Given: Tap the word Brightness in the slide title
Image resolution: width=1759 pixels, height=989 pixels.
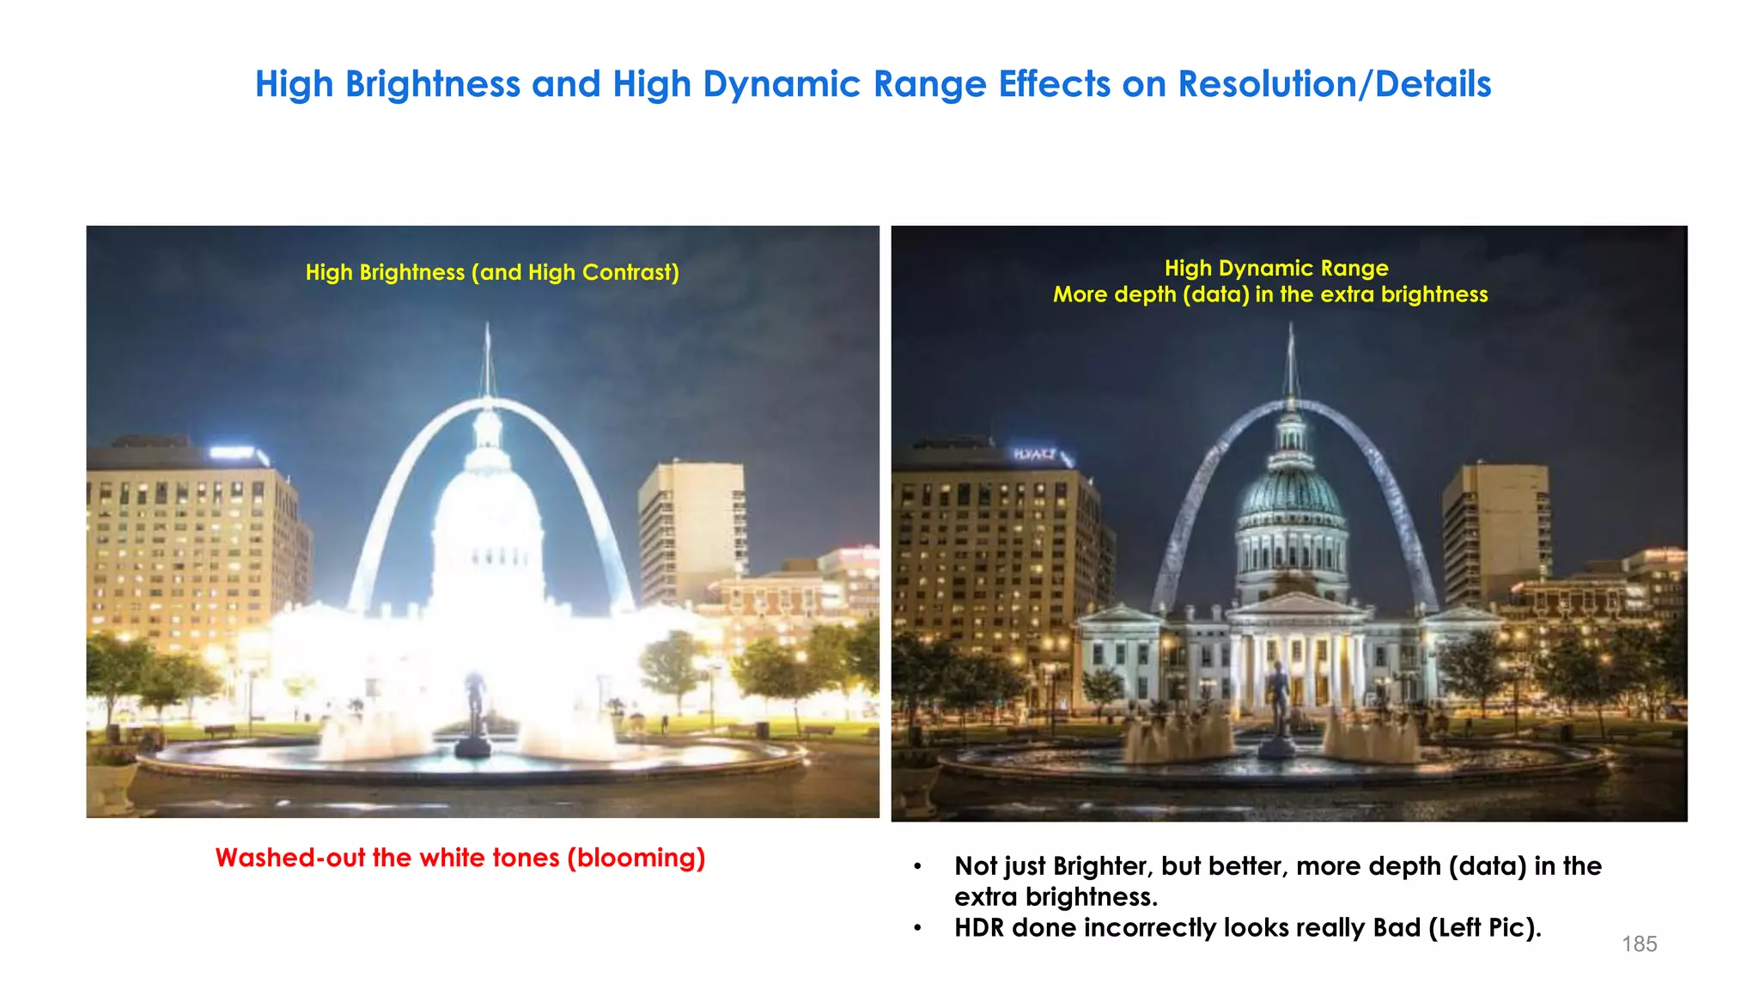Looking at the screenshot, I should pos(432,84).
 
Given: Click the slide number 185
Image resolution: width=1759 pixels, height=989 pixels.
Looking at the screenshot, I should pos(1639,943).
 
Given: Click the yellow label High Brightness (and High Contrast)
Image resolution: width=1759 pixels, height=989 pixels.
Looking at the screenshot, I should pos(492,272).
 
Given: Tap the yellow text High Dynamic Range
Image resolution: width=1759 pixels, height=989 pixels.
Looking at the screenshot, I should pos(1276,268).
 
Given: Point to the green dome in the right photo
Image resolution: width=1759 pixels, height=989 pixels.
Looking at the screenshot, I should pos(1291,489).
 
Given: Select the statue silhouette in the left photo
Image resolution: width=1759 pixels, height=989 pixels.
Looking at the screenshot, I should pos(474,704).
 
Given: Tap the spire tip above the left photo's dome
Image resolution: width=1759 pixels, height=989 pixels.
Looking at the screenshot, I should pos(488,331).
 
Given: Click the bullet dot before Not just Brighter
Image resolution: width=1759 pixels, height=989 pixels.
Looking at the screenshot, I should pos(917,867).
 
